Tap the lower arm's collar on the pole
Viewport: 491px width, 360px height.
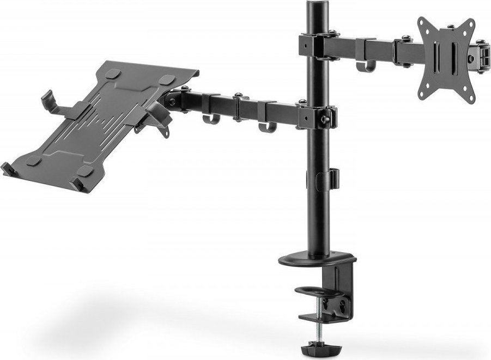(316, 115)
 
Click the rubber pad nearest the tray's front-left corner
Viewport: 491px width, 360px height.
(34, 161)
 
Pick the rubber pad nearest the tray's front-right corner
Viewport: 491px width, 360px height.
(86, 171)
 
